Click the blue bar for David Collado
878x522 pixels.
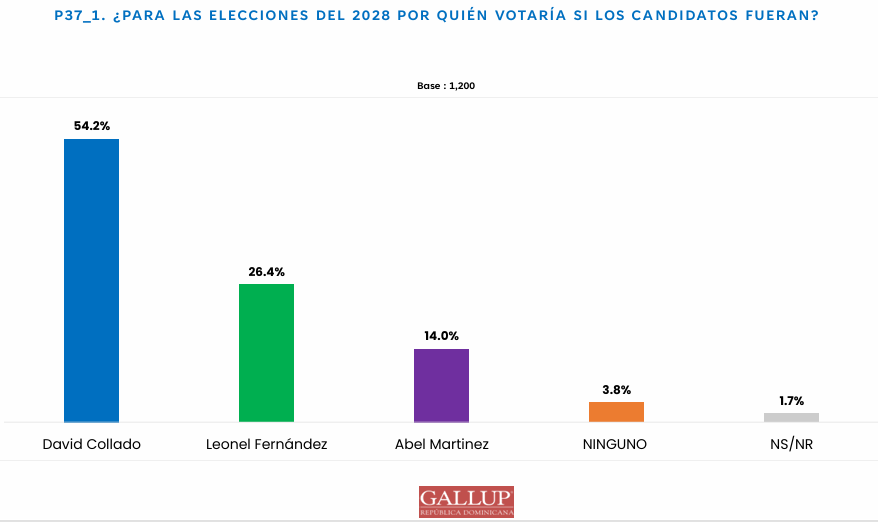click(x=91, y=280)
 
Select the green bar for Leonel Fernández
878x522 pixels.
click(x=266, y=353)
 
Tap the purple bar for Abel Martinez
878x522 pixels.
click(x=441, y=385)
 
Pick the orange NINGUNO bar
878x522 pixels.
click(x=616, y=412)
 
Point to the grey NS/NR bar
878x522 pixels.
click(x=791, y=417)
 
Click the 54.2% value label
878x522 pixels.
click(x=91, y=126)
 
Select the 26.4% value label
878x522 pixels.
click(x=266, y=271)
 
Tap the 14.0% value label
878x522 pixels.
click(x=441, y=336)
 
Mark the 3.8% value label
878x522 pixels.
click(x=616, y=389)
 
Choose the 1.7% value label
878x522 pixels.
click(x=791, y=400)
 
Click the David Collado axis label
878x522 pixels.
click(x=91, y=444)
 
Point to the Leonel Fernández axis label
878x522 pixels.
click(x=266, y=444)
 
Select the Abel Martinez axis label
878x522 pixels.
click(x=441, y=444)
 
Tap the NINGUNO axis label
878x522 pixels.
click(x=615, y=444)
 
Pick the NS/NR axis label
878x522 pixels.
click(x=791, y=444)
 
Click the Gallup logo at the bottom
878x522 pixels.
click(x=466, y=501)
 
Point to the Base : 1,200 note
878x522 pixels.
click(x=445, y=86)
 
